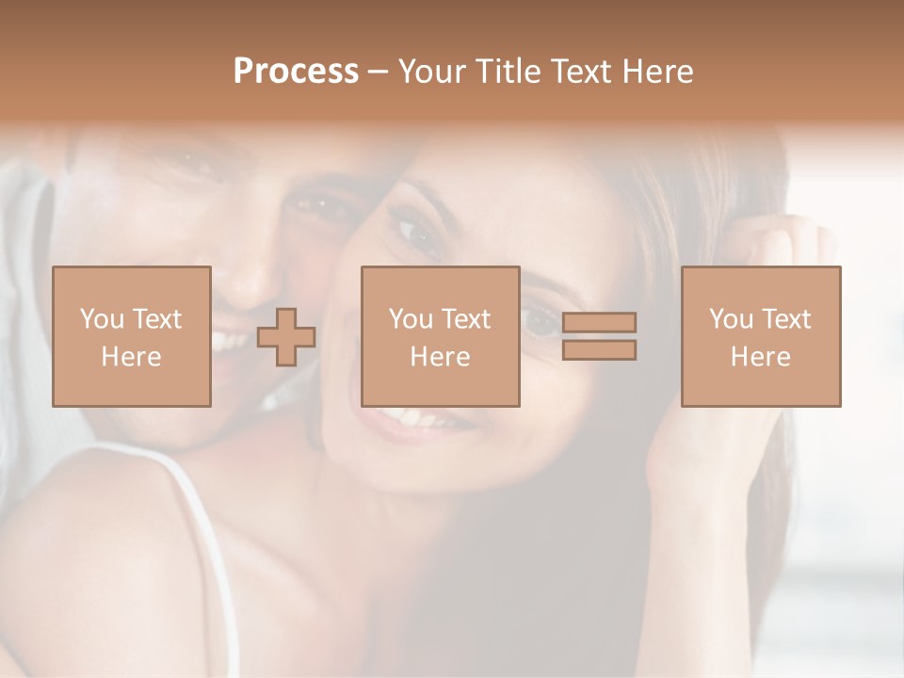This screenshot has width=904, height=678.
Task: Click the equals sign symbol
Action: click(599, 336)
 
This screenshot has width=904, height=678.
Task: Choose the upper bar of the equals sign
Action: click(599, 323)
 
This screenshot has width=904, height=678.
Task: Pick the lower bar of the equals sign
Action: click(599, 350)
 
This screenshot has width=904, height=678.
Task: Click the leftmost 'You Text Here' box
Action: click(132, 336)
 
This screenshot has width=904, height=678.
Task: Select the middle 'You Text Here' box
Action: click(441, 336)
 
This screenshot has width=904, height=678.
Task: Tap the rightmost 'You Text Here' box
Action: click(761, 336)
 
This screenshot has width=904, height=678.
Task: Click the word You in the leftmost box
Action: click(102, 319)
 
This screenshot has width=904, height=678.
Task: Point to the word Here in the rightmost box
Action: click(761, 357)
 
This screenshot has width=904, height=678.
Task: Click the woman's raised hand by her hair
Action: click(772, 254)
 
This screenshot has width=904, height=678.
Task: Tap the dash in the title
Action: click(378, 73)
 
